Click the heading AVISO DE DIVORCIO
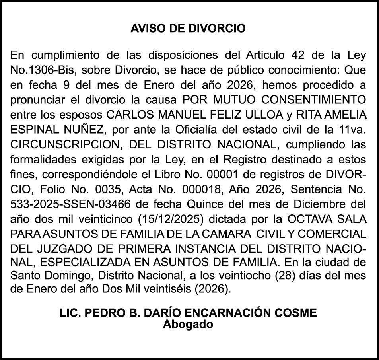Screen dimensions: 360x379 pyautogui.click(x=188, y=29)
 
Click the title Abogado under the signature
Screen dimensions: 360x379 pyautogui.click(x=188, y=324)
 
